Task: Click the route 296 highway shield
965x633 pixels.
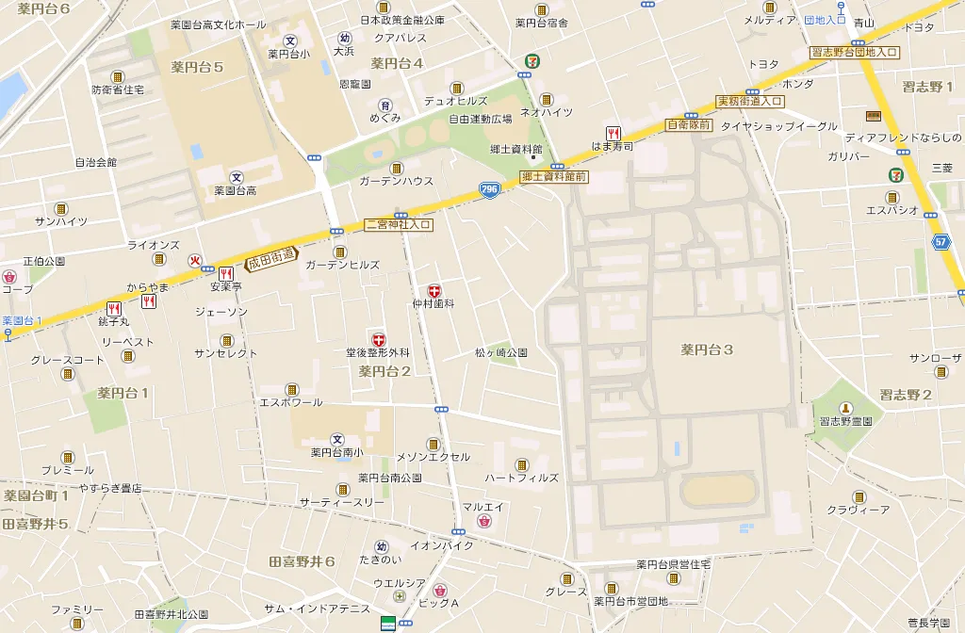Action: tap(488, 189)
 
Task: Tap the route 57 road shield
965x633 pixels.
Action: tap(941, 241)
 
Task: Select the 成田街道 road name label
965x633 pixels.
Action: tap(271, 259)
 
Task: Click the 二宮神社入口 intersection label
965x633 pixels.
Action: tap(398, 225)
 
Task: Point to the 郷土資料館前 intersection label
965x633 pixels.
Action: tap(554, 176)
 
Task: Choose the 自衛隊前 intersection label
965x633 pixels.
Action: tap(689, 124)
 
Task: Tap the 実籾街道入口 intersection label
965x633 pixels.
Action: tap(750, 101)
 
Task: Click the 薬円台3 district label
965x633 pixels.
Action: tap(707, 349)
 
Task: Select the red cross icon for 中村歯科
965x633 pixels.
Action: tap(433, 291)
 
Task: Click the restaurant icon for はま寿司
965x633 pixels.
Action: tap(613, 133)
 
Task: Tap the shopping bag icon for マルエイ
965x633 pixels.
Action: tap(484, 521)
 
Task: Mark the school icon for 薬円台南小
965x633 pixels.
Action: tap(337, 439)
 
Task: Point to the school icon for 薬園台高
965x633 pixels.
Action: tap(237, 176)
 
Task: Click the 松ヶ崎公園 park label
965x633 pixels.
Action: tap(500, 352)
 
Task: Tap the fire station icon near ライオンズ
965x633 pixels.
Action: tap(196, 262)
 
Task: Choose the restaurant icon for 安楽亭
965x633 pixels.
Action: tap(225, 273)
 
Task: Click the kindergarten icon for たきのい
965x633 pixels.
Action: tap(382, 546)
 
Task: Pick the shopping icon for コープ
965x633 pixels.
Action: tap(9, 277)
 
